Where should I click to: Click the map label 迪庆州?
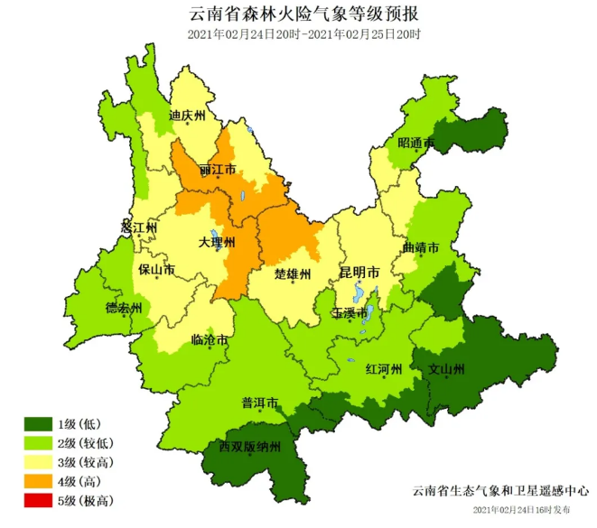(188, 116)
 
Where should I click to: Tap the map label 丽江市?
(218, 170)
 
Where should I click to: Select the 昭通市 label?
(416, 144)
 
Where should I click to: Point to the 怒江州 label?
(139, 228)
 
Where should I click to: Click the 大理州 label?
(217, 244)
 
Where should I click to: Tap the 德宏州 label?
(124, 308)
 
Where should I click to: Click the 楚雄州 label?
(293, 273)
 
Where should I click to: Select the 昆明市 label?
(359, 272)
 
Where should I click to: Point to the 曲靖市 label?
(421, 247)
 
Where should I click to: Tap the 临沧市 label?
(210, 340)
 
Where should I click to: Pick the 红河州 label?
(383, 369)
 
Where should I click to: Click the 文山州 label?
(446, 369)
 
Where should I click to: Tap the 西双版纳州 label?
(251, 447)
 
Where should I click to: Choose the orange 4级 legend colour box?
(38, 481)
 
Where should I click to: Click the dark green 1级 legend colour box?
(38, 423)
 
